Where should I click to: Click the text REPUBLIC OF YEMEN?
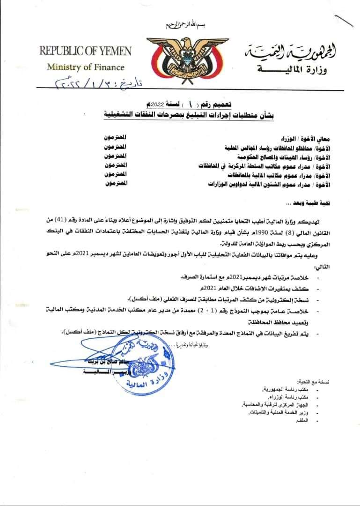(x=85, y=51)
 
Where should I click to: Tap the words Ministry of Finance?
(x=86, y=67)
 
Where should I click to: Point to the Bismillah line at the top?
(x=180, y=24)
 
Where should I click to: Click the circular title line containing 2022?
(x=180, y=104)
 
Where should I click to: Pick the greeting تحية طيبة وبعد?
(x=312, y=204)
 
